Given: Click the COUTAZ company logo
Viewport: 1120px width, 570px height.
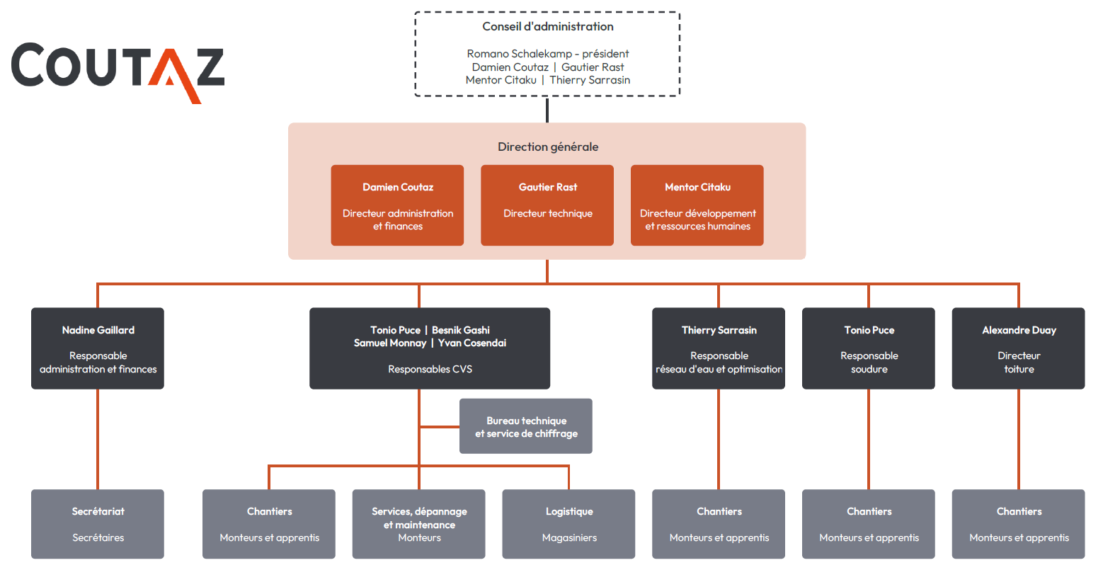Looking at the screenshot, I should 117,71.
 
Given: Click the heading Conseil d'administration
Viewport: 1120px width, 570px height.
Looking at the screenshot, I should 547,27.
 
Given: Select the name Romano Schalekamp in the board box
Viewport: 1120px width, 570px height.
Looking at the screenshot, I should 519,54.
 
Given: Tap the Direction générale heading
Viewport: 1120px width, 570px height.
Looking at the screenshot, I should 547,147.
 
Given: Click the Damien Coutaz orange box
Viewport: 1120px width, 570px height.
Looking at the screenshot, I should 397,205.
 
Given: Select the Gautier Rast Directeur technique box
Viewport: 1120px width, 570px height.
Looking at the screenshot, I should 547,205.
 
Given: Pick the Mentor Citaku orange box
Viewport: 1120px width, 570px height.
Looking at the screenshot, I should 697,205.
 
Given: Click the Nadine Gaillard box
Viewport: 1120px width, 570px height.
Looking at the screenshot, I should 98,348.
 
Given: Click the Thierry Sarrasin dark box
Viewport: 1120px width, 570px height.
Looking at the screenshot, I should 719,348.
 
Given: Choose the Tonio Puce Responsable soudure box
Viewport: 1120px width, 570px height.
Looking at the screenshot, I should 869,348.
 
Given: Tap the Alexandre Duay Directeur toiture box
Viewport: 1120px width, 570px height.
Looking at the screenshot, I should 1019,348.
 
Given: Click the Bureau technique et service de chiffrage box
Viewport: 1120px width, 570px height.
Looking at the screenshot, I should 526,426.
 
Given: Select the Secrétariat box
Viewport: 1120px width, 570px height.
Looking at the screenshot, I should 98,524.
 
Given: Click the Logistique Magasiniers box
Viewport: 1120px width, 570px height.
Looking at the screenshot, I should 568,524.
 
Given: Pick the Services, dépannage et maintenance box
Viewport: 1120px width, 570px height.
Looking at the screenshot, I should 419,524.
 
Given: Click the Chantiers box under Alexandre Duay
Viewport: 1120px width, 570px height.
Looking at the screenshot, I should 1019,524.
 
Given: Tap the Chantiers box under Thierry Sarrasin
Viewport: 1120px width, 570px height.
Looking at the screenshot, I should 719,524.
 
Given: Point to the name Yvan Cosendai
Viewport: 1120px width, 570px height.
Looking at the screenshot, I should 472,343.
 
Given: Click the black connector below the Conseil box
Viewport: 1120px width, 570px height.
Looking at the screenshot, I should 547,110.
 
